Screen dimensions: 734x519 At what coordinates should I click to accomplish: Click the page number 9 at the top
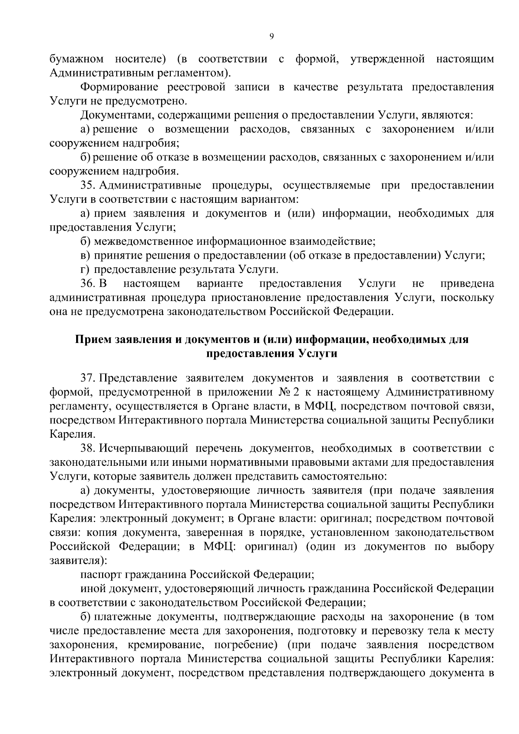click(272, 37)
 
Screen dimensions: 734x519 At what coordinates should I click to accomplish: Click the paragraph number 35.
click(88, 186)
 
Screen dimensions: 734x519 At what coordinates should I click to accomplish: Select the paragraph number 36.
click(88, 284)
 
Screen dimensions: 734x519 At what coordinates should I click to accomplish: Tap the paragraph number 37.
click(88, 378)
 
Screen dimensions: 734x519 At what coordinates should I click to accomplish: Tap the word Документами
click(116, 115)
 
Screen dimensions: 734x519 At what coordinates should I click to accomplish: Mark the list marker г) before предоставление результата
click(85, 270)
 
